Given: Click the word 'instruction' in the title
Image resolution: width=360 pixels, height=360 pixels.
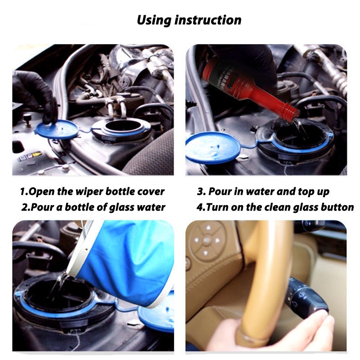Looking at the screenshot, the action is point(208,20).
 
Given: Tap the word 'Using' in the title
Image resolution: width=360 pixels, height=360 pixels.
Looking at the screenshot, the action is point(154,21).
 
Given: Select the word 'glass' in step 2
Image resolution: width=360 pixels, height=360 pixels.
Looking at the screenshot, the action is point(121,207).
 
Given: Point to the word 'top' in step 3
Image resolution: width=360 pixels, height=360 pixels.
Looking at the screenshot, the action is point(306,192).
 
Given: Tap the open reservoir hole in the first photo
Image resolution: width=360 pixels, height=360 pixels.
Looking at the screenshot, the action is point(121,127).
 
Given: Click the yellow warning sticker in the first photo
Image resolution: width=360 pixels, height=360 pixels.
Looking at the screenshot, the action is point(36,154).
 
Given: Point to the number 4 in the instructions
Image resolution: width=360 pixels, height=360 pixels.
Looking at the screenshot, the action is point(200,207).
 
